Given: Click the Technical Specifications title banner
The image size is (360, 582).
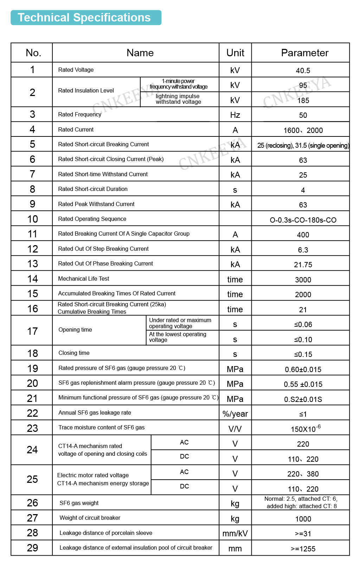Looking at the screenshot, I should tap(86, 18).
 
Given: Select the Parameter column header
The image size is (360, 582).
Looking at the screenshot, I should tap(304, 53).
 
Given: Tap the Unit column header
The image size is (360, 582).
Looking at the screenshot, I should tap(235, 53).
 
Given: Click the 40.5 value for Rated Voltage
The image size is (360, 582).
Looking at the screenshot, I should tap(303, 71).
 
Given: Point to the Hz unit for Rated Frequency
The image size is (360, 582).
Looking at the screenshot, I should tap(235, 115).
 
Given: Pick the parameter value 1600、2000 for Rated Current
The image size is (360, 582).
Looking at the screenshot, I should tap(303, 130).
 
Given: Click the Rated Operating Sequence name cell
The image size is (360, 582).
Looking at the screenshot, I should tap(92, 219).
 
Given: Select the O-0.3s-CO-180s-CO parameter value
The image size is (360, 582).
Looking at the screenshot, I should tap(303, 220).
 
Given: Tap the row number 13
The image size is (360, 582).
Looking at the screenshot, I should tap(32, 264).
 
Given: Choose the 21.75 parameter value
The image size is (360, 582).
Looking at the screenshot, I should tap(303, 265).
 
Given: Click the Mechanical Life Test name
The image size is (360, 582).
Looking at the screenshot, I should tap(84, 279).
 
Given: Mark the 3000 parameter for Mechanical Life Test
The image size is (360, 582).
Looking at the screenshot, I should tap(303, 280).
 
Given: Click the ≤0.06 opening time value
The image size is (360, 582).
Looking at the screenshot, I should tap(303, 325).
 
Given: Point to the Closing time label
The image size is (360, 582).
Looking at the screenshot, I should tap(74, 353).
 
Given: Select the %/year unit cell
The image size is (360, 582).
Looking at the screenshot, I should tap(235, 414).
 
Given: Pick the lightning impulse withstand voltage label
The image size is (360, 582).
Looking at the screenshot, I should tap(178, 99).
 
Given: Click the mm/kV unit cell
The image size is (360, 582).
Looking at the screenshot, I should tap(235, 533).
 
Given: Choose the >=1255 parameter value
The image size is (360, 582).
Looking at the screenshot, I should tap(303, 549).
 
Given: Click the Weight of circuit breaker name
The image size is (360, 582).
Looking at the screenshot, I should tap(90, 518).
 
